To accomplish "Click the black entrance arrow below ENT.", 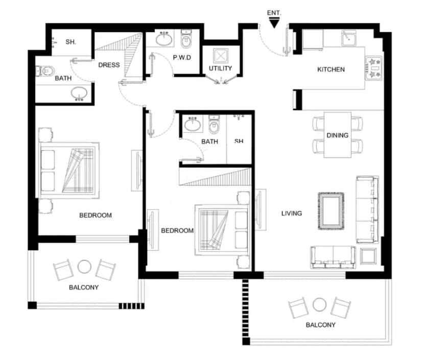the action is [x=274, y=22].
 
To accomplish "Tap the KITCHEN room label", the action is [x=331, y=69].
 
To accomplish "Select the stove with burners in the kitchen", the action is [x=374, y=68].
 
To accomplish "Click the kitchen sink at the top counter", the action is [x=348, y=38].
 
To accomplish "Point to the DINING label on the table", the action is [x=338, y=135].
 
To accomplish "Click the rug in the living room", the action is [x=331, y=211].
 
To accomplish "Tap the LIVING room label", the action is [x=292, y=213].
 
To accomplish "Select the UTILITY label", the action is [x=220, y=68].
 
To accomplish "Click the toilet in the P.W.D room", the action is [x=186, y=39].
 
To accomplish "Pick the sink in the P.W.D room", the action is [x=164, y=39].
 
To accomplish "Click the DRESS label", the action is [x=109, y=65].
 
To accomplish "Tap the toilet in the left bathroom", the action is [x=45, y=71].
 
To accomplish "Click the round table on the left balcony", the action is [x=84, y=267].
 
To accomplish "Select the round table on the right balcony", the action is [x=319, y=304].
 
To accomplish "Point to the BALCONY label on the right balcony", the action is [x=320, y=325].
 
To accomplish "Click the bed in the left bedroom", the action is [x=69, y=170].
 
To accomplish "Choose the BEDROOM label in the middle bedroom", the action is [x=177, y=230].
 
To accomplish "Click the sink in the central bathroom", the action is [x=193, y=125].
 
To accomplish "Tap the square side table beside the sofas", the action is [x=368, y=256].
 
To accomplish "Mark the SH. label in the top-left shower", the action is [x=70, y=42].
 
